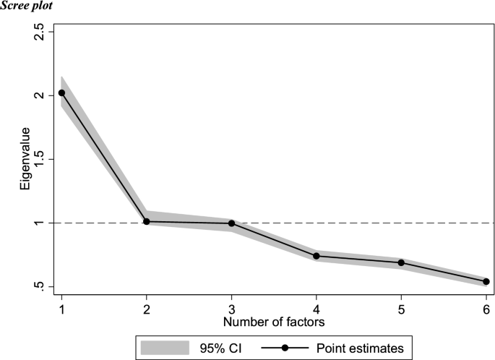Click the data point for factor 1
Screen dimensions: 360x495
click(61, 93)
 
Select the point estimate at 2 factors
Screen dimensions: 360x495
click(147, 221)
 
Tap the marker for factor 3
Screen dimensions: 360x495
click(231, 223)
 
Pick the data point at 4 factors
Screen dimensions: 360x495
click(317, 256)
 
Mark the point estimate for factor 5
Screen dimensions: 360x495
click(401, 262)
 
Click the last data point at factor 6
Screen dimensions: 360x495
click(486, 281)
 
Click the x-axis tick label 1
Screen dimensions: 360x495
click(61, 308)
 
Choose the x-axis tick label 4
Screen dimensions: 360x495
click(317, 308)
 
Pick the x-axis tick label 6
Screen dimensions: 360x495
click(486, 308)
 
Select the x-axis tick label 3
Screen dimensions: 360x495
click(231, 308)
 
